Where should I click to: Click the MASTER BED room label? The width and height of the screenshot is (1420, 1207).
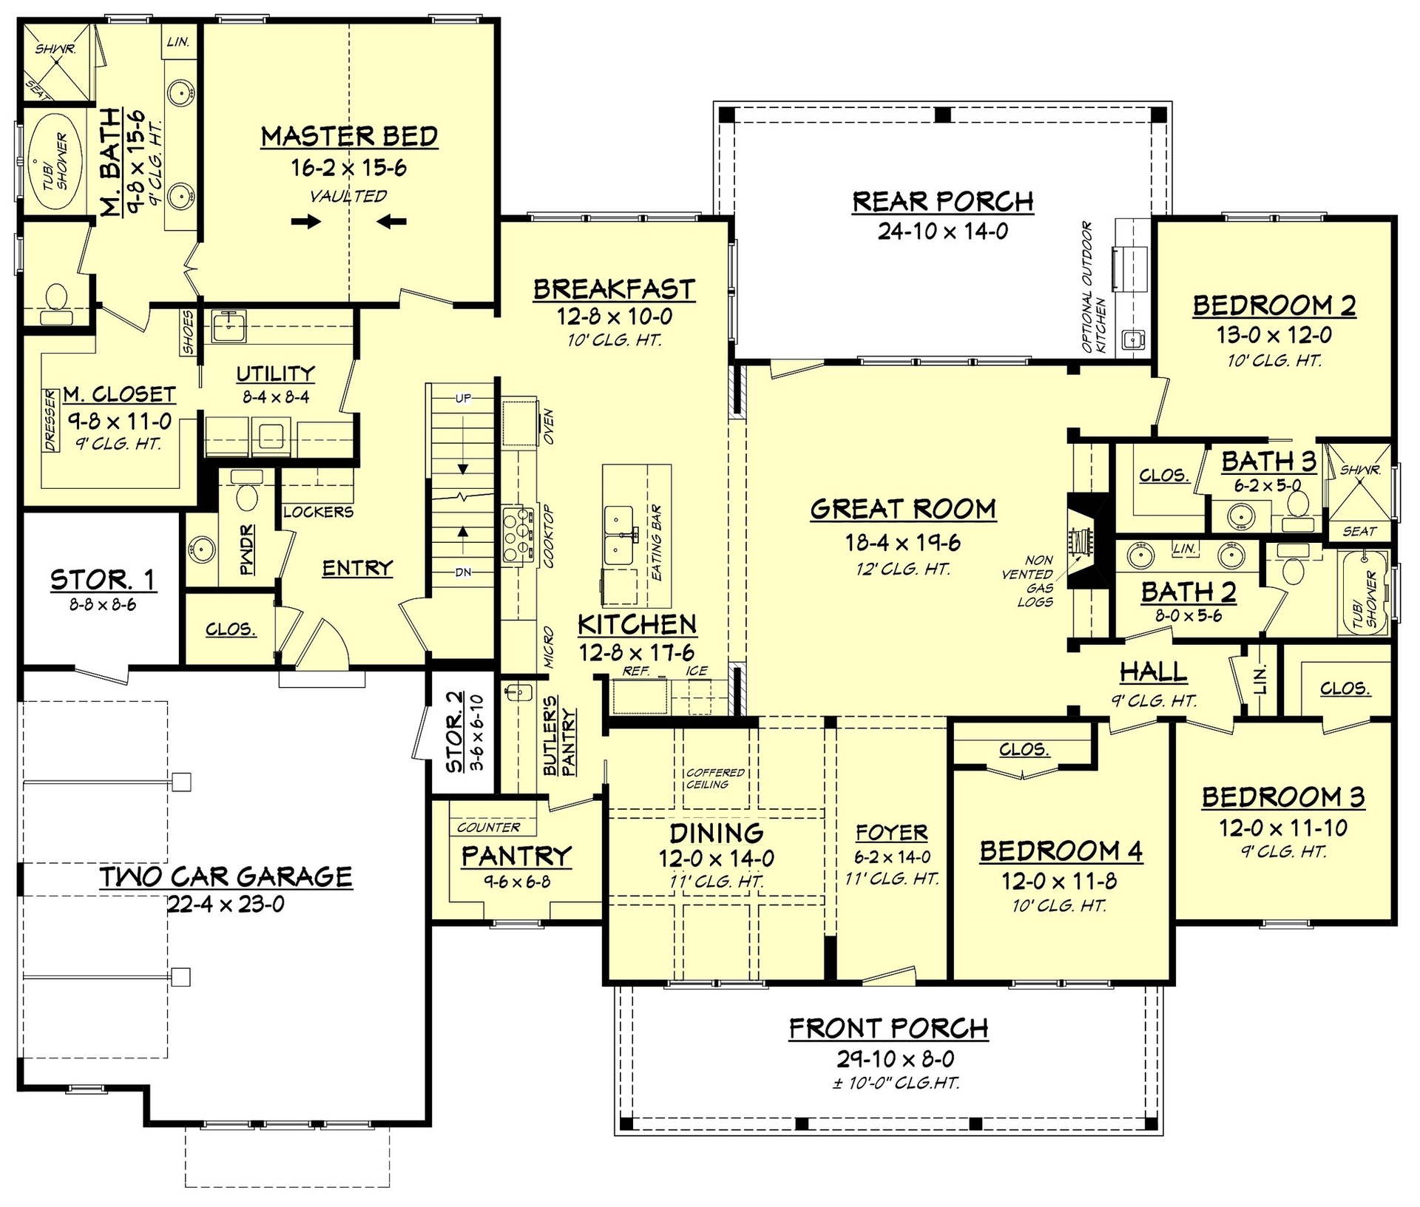coord(349,137)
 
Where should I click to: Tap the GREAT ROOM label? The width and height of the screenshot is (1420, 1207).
coord(903,509)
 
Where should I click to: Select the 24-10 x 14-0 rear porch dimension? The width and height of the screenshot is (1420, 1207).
coord(943,231)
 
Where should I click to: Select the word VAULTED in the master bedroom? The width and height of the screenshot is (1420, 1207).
coord(348,196)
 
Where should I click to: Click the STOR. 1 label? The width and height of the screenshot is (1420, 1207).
coord(103,581)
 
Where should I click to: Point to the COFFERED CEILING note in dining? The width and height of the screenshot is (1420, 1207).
coord(714,778)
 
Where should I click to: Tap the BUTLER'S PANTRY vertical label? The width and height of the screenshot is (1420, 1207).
coord(560,742)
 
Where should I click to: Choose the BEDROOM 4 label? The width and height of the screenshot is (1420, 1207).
coord(1061,851)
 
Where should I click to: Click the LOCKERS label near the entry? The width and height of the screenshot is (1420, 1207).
coord(318,512)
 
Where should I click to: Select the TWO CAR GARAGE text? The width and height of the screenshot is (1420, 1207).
coord(226,876)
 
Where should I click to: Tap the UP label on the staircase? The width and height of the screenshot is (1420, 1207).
coord(463,399)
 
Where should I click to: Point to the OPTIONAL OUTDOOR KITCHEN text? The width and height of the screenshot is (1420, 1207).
coord(1093,287)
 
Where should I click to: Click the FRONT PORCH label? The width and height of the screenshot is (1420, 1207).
coord(888,1028)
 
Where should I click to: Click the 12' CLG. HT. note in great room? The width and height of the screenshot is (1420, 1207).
coord(903,569)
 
